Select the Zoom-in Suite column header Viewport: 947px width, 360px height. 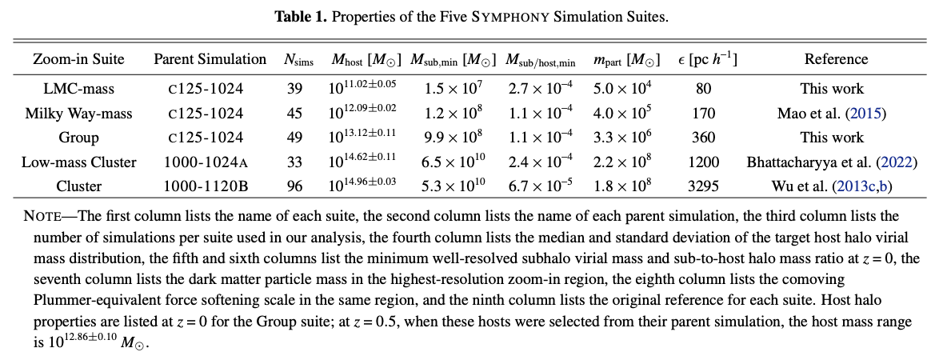click(78, 59)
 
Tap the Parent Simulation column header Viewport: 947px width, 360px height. click(210, 59)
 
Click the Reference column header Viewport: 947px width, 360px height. click(836, 59)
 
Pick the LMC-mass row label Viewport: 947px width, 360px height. click(78, 88)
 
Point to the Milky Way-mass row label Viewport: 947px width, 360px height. click(78, 113)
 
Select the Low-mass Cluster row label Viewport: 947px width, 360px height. click(78, 162)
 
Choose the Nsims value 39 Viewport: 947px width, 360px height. click(294, 88)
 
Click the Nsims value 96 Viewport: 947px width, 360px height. click(294, 186)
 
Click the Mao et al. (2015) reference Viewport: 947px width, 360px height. click(832, 113)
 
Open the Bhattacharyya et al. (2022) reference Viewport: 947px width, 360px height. click(832, 162)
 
